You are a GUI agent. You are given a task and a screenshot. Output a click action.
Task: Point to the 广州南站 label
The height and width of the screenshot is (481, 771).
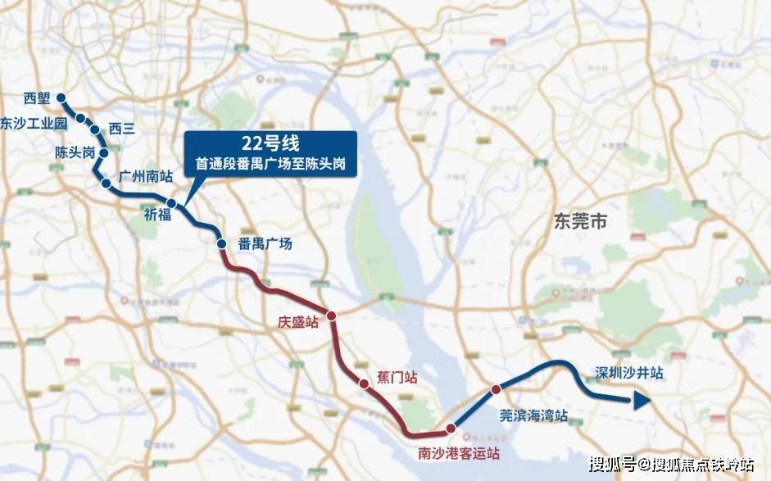pyautogui.click(x=144, y=176)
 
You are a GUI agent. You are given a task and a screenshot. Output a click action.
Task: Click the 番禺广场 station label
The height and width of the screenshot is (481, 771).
pyautogui.click(x=265, y=244)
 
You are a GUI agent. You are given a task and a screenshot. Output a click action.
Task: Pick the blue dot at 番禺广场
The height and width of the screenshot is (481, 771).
pyautogui.click(x=221, y=243)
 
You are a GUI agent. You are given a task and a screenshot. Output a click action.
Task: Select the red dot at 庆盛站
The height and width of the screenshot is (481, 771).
pyautogui.click(x=332, y=315)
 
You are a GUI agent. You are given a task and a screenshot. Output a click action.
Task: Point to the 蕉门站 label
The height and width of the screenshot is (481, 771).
pyautogui.click(x=397, y=378)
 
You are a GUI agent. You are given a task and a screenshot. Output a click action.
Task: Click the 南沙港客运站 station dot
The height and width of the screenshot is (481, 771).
pyautogui.click(x=450, y=428)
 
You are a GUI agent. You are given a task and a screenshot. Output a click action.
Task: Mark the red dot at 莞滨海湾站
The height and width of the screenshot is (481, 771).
pyautogui.click(x=496, y=389)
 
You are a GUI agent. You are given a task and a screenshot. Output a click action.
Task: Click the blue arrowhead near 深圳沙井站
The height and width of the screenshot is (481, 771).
pyautogui.click(x=641, y=400)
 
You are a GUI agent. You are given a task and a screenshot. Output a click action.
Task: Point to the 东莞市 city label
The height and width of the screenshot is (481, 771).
pyautogui.click(x=580, y=221)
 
